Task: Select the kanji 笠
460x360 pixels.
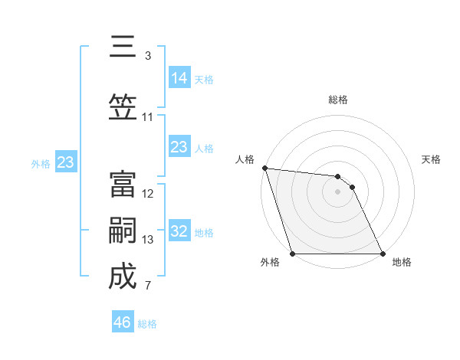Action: [123, 107]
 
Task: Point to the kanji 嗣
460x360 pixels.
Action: [123, 231]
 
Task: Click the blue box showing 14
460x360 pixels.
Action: [179, 77]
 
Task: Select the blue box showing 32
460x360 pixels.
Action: [179, 231]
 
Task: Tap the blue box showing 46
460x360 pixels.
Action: [123, 322]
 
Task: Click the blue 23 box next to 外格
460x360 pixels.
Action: [65, 162]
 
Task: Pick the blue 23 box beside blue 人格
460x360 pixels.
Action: [179, 147]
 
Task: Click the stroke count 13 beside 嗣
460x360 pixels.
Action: [148, 240]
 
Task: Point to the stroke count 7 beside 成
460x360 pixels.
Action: [148, 286]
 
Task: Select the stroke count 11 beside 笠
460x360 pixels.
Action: [148, 117]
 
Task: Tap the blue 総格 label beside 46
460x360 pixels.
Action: [147, 324]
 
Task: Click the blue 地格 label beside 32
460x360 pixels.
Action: [204, 233]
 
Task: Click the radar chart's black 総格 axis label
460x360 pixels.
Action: [337, 100]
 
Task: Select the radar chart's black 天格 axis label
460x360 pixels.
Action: [432, 159]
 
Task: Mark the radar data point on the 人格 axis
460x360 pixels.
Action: [264, 168]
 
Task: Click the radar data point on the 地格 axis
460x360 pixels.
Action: [383, 254]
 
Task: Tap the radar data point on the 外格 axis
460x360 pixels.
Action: [292, 254]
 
